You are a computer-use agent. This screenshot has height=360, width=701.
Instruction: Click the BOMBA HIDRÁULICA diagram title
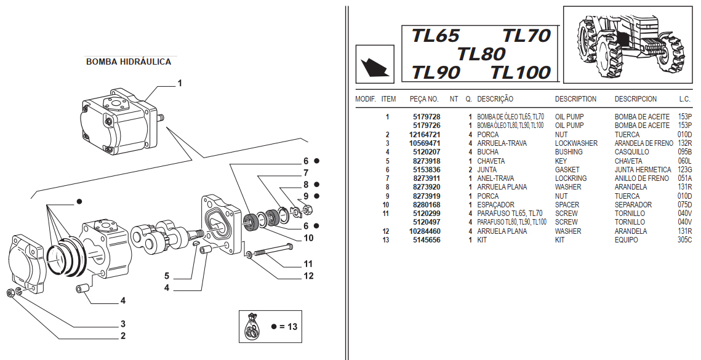tap(129, 62)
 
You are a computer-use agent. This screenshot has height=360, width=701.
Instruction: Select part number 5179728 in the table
tap(426, 117)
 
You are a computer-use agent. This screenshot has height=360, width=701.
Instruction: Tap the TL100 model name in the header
tap(521, 73)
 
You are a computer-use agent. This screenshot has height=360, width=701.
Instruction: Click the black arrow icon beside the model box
tap(374, 65)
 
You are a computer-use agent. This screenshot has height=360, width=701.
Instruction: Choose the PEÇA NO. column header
tap(424, 99)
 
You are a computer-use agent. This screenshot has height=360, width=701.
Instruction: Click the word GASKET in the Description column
tap(567, 170)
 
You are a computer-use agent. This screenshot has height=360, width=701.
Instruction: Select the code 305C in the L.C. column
tap(685, 240)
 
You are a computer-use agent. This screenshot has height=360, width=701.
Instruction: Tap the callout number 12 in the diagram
tap(308, 276)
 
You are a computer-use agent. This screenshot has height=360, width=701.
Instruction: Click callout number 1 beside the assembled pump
tap(180, 82)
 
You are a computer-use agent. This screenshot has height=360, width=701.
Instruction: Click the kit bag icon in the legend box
tap(252, 326)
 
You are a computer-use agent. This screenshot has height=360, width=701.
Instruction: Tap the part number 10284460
tap(424, 231)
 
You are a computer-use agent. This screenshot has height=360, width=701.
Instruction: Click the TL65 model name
tap(436, 36)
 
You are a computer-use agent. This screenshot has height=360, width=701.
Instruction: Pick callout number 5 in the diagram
tap(166, 275)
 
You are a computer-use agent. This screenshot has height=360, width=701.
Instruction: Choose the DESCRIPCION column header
tap(636, 99)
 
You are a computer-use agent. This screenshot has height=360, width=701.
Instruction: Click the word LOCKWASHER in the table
tap(576, 143)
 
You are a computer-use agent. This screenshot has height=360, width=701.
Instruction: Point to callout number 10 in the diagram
tap(308, 238)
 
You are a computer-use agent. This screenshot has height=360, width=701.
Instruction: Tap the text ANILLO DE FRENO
tap(641, 178)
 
